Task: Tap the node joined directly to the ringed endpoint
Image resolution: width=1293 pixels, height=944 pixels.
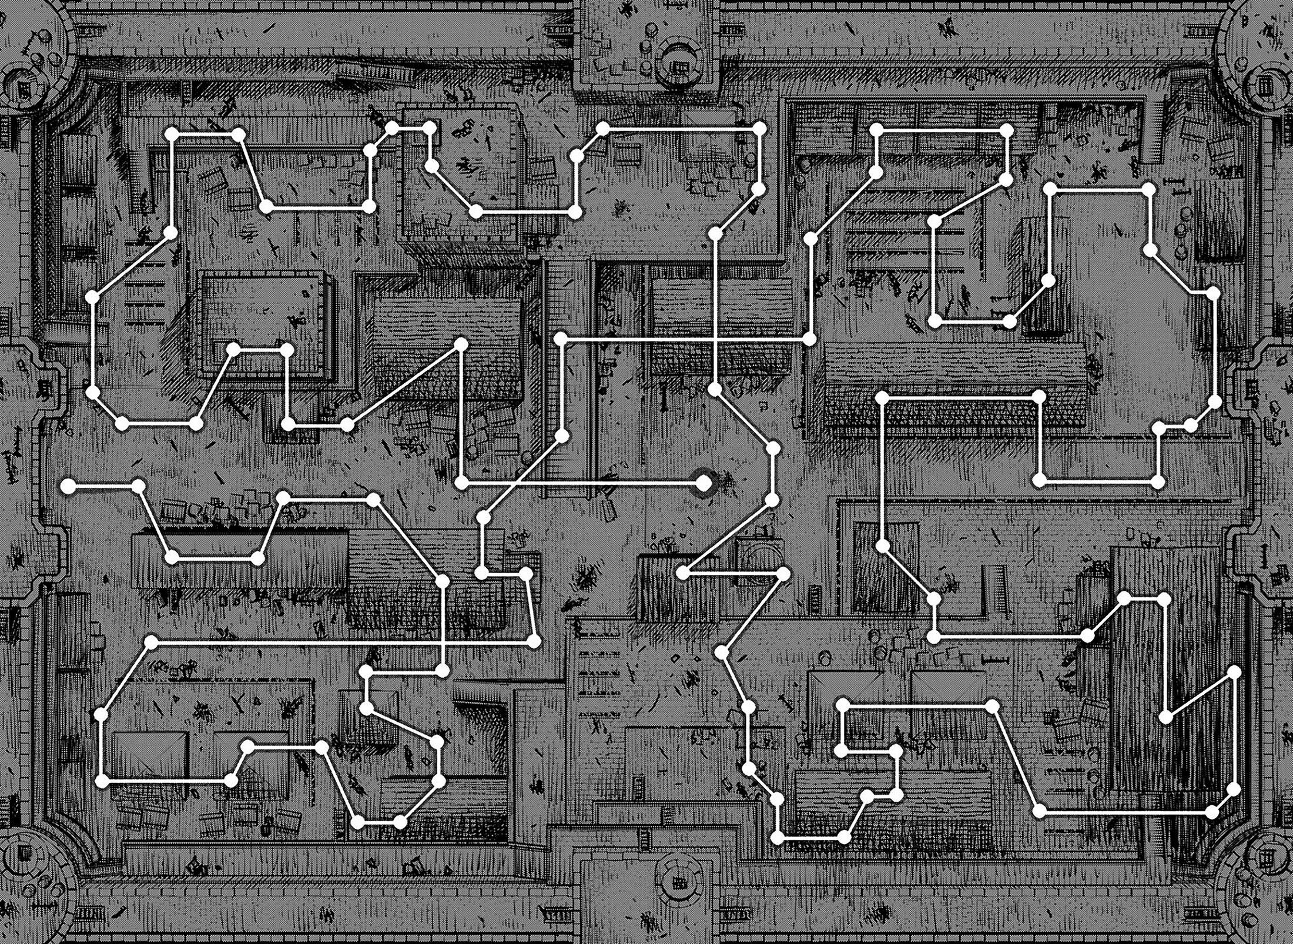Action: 462,483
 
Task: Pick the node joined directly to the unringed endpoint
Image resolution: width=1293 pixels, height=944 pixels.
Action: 139,486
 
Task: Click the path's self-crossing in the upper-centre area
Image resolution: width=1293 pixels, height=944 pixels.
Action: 715,340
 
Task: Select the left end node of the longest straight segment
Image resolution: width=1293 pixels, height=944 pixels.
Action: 151,643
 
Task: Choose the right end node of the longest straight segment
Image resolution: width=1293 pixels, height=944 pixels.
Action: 534,642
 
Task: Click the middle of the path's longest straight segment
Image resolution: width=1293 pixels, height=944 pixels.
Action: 342,642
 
